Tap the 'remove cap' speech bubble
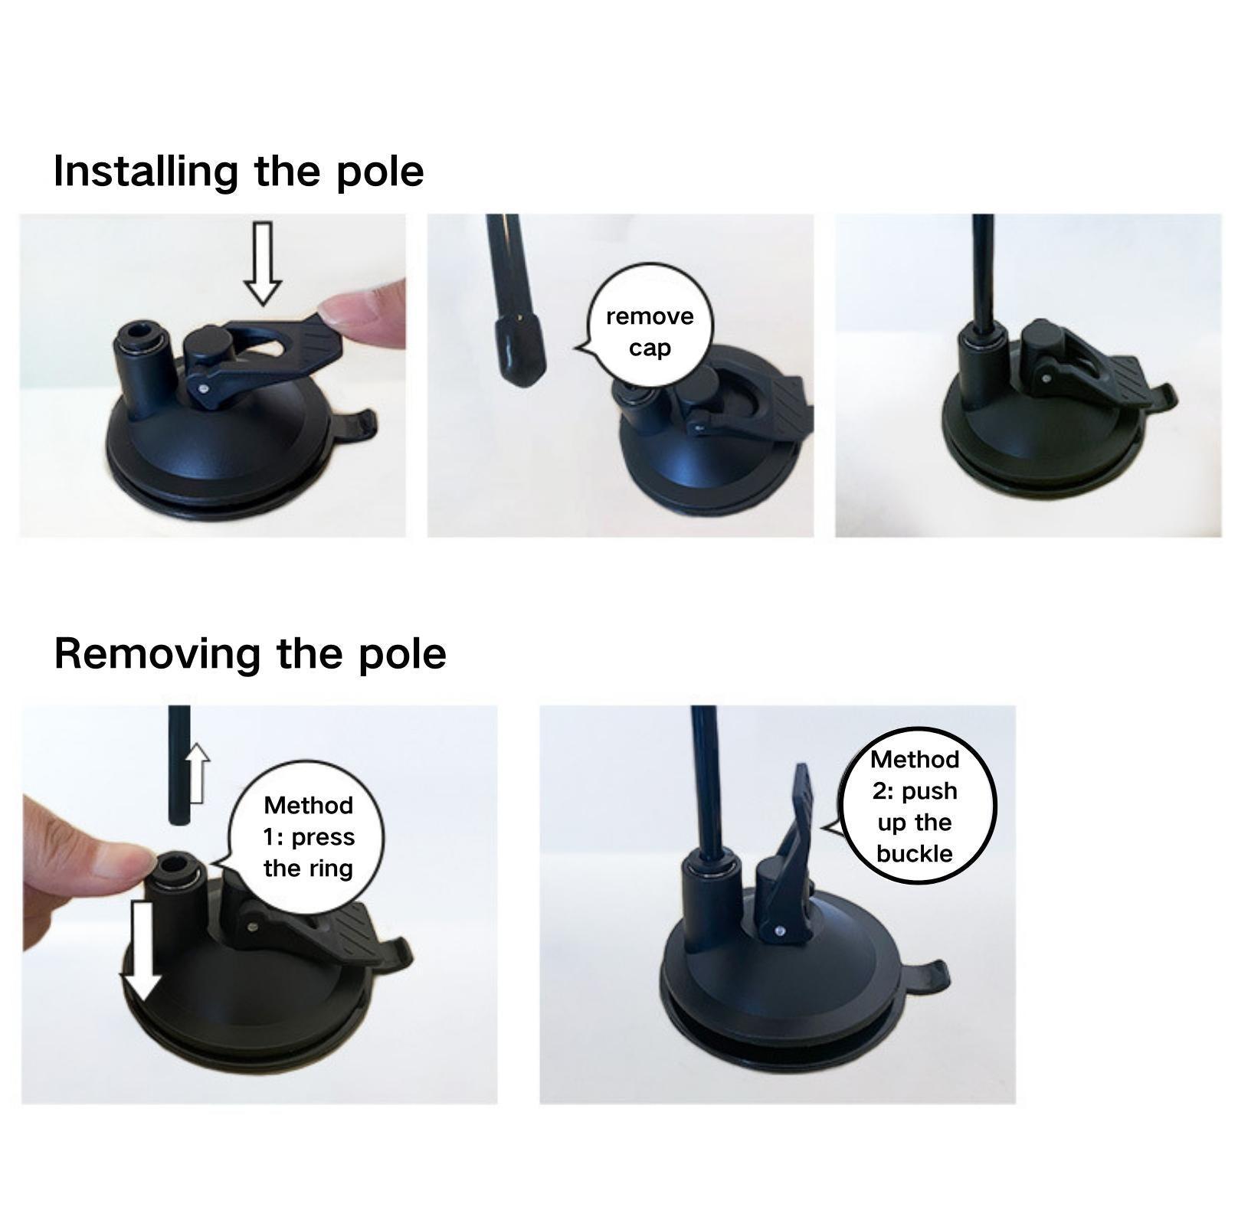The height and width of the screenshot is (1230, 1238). (x=650, y=332)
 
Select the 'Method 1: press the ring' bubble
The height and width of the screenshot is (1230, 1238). (x=308, y=836)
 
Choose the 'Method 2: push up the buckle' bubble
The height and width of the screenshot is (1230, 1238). (x=915, y=806)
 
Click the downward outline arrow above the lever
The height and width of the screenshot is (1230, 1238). (x=263, y=263)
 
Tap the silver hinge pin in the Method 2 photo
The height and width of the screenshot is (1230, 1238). (x=779, y=931)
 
